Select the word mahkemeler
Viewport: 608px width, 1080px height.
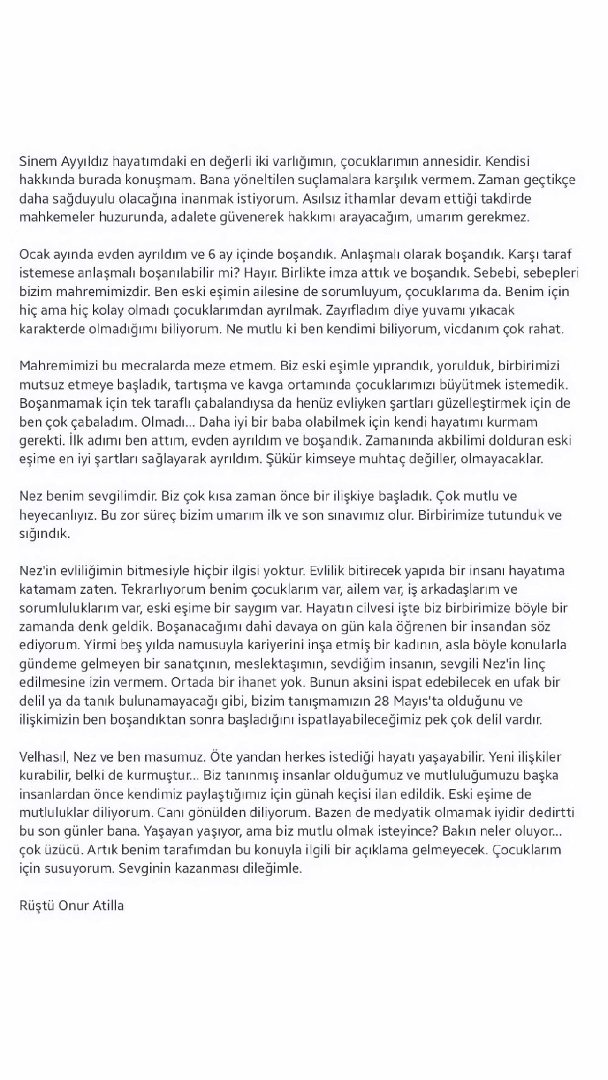52,217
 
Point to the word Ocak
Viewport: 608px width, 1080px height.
34,255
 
